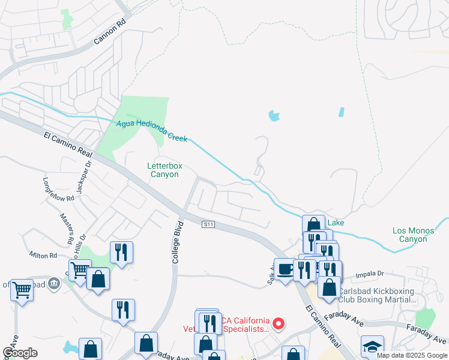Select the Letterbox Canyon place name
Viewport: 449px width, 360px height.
(164, 170)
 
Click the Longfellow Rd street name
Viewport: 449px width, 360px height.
(59, 189)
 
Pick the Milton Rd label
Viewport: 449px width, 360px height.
(43, 256)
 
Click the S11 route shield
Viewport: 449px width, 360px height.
(208, 224)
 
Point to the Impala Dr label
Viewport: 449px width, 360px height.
(369, 274)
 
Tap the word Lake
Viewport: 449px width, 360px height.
(336, 223)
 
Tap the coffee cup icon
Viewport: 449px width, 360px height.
(285, 268)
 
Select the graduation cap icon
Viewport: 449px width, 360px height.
(372, 346)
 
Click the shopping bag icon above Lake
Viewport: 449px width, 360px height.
(313, 225)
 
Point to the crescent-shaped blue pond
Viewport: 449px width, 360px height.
(274, 115)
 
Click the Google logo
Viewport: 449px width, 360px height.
(20, 353)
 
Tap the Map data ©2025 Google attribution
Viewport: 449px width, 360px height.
(412, 355)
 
